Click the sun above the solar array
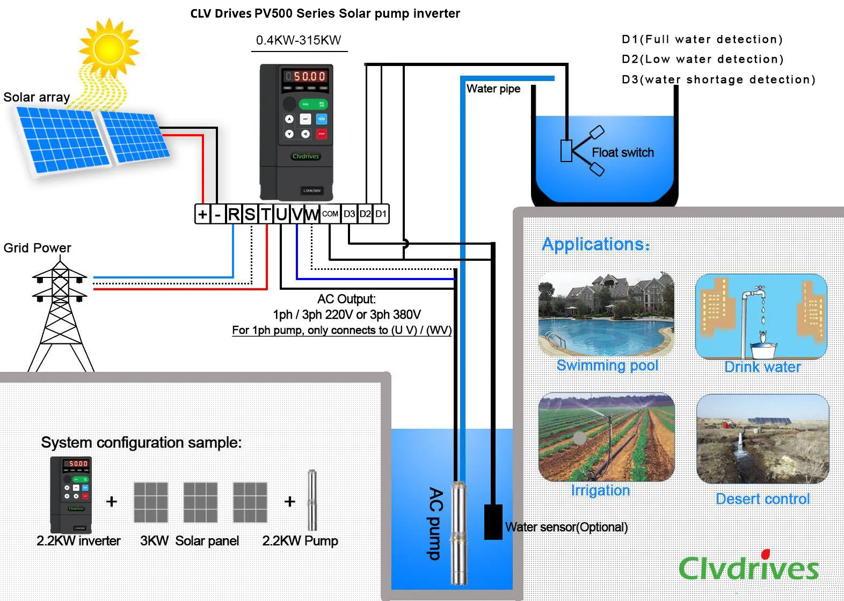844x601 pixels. (108, 49)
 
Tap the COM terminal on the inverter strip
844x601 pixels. (330, 214)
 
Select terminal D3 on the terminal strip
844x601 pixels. (349, 214)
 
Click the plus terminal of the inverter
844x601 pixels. (202, 214)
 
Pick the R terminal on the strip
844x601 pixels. (234, 214)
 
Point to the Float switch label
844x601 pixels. (622, 153)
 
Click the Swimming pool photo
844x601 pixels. (606, 314)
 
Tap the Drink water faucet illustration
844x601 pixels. (761, 317)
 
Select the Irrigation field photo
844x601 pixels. (606, 437)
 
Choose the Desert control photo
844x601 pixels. (762, 439)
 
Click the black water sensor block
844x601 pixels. (493, 522)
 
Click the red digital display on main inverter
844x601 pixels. (305, 76)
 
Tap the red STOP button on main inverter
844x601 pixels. (322, 134)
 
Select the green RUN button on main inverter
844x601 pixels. (305, 104)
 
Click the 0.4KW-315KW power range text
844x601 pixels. (299, 40)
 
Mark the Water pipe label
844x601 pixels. (493, 89)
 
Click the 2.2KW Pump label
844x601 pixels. (300, 541)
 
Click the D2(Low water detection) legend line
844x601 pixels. (702, 59)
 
